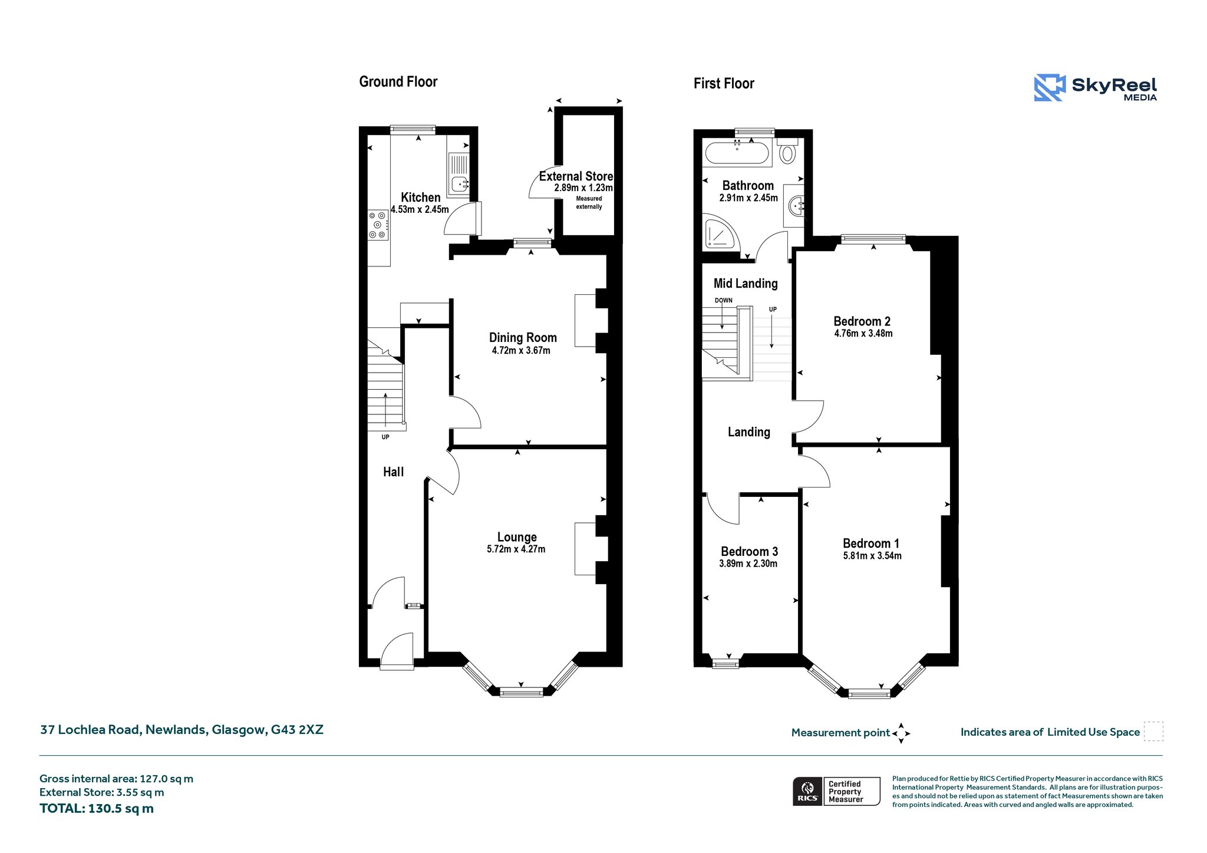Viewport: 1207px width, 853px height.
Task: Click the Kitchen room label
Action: (x=420, y=197)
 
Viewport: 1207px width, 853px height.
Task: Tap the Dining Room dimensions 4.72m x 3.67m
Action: (x=521, y=351)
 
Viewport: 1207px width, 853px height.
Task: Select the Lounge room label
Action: (x=517, y=537)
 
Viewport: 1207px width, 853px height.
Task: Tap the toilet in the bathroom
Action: (x=787, y=151)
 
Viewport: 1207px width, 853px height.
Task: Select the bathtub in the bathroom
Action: (x=737, y=153)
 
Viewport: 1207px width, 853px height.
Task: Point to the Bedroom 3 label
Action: (x=749, y=552)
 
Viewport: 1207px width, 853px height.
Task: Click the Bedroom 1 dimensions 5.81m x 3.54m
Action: (x=872, y=556)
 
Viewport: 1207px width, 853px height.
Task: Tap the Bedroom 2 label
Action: (x=862, y=321)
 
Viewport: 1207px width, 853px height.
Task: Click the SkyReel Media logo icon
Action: (x=1050, y=88)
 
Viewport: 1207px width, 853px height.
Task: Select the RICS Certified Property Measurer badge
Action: (x=836, y=791)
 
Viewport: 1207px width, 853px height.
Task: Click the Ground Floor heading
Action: (x=398, y=82)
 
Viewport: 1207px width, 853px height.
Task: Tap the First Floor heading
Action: (x=724, y=84)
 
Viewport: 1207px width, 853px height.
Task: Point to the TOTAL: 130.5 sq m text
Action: (x=97, y=809)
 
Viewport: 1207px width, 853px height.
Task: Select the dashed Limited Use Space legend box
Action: (x=1153, y=732)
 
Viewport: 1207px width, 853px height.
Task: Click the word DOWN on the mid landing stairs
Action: (x=724, y=301)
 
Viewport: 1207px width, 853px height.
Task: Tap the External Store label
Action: (x=576, y=176)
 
